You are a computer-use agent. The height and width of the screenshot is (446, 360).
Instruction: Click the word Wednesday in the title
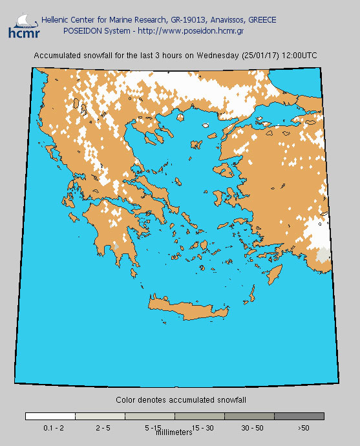click(x=219, y=56)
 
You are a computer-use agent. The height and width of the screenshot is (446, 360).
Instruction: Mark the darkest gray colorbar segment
click(x=299, y=417)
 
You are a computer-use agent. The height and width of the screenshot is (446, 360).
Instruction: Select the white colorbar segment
click(x=50, y=417)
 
